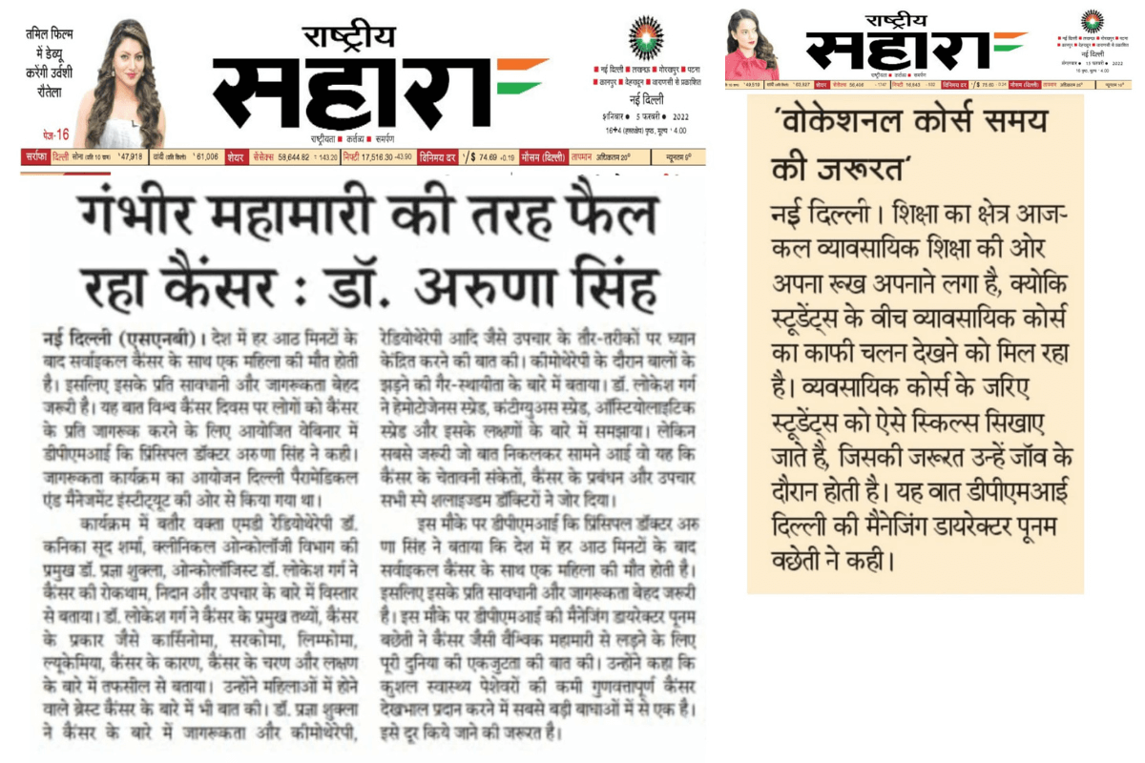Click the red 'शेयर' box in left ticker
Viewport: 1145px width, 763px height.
click(x=236, y=157)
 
